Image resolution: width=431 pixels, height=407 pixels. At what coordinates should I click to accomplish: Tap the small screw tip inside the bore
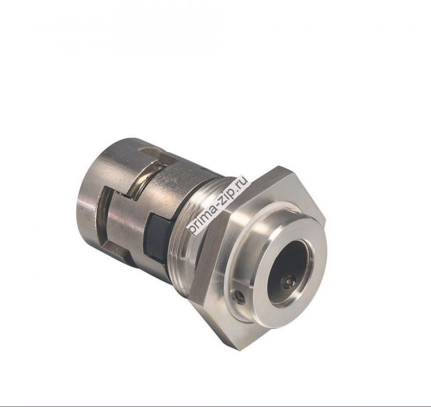tap(288, 283)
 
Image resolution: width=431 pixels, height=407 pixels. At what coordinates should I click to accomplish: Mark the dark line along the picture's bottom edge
tap(215, 405)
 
